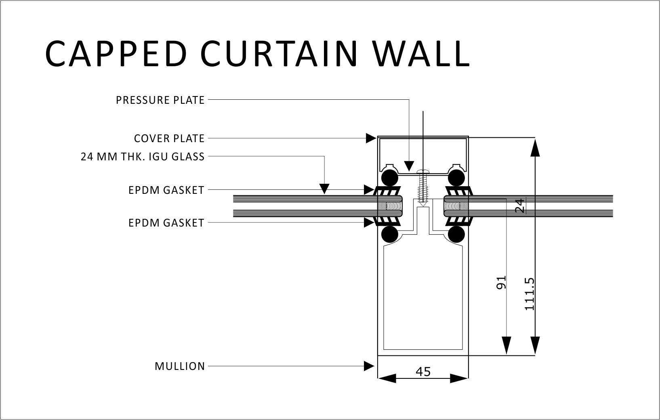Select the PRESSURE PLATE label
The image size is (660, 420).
(x=160, y=100)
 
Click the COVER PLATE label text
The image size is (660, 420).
(x=169, y=139)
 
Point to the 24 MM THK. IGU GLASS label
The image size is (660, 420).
(x=143, y=157)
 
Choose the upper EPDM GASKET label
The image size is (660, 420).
(x=166, y=190)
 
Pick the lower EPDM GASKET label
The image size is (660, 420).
(x=166, y=223)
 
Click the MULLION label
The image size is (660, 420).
(x=180, y=366)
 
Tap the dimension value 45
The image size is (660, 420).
(x=423, y=372)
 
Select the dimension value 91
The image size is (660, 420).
(x=501, y=283)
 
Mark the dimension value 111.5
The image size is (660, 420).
(x=529, y=294)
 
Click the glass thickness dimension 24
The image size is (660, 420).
(x=520, y=205)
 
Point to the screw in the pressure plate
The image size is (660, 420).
(x=422, y=187)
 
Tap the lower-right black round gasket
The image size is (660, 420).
(x=456, y=235)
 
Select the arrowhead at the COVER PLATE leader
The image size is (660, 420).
(x=371, y=138)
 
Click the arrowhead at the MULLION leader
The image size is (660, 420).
(x=369, y=366)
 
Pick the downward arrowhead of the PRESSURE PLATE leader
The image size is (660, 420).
(x=409, y=165)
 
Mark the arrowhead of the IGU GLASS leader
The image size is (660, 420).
(x=324, y=189)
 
